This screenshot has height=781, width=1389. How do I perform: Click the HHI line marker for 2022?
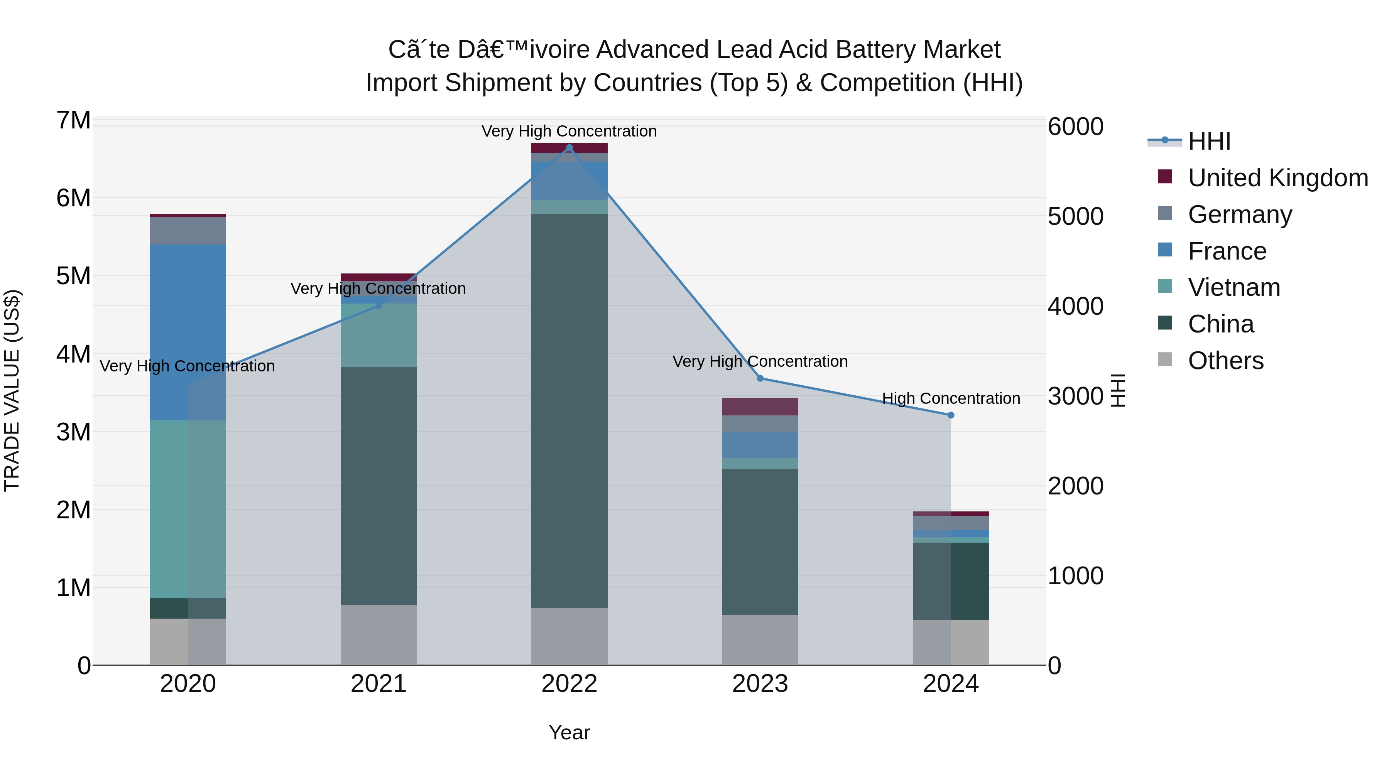[569, 148]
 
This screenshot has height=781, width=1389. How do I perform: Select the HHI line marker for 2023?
[760, 378]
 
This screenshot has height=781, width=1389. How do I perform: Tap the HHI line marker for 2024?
[951, 415]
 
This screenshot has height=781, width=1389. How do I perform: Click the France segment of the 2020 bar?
[188, 332]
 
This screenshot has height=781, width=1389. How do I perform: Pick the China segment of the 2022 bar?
[569, 411]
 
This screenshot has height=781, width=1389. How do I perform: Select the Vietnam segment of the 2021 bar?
[379, 335]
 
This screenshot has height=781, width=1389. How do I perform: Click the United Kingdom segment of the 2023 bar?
[760, 407]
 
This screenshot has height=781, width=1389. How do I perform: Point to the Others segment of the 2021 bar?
[379, 634]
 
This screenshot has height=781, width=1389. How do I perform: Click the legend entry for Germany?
[1240, 214]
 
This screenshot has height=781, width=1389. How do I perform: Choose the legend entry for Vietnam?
[1234, 287]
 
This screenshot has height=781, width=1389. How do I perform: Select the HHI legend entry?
[1209, 141]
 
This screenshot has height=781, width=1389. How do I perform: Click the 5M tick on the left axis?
[73, 276]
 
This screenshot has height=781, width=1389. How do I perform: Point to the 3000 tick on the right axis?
[1075, 396]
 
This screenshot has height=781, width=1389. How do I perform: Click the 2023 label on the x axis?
[760, 684]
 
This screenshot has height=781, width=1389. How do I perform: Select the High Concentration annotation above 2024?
[951, 398]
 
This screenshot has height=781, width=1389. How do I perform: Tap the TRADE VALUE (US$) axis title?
[12, 390]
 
